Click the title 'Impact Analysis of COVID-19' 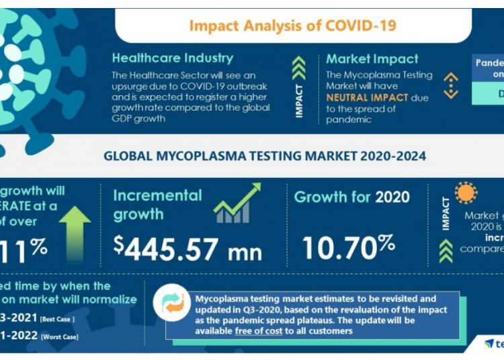pos(292,26)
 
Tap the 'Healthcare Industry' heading pos(173,58)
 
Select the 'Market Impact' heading pos(372,59)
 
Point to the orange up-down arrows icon pos(451,86)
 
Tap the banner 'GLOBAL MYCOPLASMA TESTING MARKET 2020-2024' pos(264,156)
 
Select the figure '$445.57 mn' pos(187,248)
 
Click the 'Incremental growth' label pos(157,205)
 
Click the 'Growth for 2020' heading pos(352,197)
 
